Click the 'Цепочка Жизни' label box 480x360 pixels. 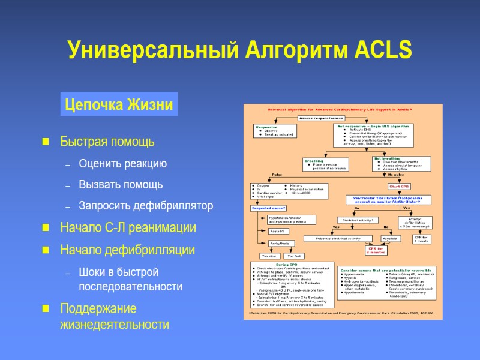tap(118, 106)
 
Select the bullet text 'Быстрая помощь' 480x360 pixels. tap(107, 142)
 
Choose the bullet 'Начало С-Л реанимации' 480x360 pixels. tap(128, 228)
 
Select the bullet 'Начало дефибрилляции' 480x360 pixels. tap(127, 249)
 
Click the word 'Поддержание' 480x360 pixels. tap(98, 308)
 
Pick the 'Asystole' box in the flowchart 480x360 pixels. tap(391, 238)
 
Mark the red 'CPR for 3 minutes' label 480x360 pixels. tap(376, 250)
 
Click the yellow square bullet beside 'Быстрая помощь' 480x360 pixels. tap(45, 143)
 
